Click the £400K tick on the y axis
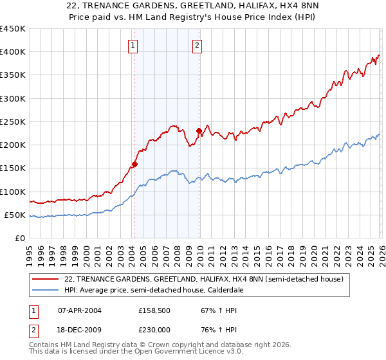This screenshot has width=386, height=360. (13, 52)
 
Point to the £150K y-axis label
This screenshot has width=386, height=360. (13, 168)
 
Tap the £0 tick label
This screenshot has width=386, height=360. (21, 239)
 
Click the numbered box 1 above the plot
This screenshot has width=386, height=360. (133, 45)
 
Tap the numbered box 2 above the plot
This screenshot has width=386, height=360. (196, 45)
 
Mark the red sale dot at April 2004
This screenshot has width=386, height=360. (134, 164)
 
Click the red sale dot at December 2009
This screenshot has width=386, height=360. (199, 131)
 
